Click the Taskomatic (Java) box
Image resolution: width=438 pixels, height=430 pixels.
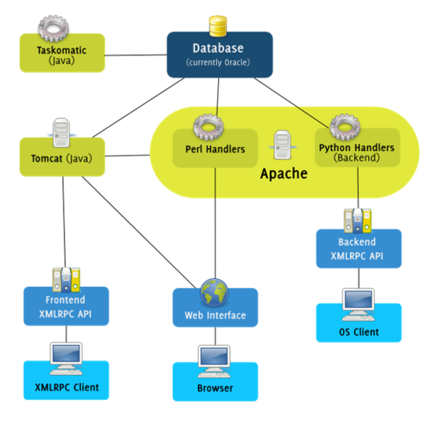(62, 55)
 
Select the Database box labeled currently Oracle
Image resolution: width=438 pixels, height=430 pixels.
(219, 55)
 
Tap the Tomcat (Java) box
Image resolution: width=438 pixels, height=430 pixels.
(62, 156)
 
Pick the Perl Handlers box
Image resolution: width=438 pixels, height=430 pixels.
(215, 150)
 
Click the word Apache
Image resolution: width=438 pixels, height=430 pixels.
(284, 174)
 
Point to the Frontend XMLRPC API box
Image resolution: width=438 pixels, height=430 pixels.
(66, 306)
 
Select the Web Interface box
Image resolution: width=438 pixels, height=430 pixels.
(215, 315)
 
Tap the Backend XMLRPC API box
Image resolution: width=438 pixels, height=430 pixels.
(358, 249)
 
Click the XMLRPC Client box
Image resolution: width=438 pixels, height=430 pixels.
(66, 386)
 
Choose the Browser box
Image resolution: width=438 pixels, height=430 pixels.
(215, 388)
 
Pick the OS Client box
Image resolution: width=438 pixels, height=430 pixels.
(358, 331)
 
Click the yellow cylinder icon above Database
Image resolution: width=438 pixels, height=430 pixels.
(218, 26)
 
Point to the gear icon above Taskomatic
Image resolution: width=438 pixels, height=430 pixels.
(53, 28)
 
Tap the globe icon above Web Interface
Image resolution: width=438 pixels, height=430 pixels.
(215, 291)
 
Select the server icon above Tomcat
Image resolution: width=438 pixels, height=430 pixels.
(61, 131)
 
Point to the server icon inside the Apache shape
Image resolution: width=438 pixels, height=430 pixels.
(283, 145)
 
